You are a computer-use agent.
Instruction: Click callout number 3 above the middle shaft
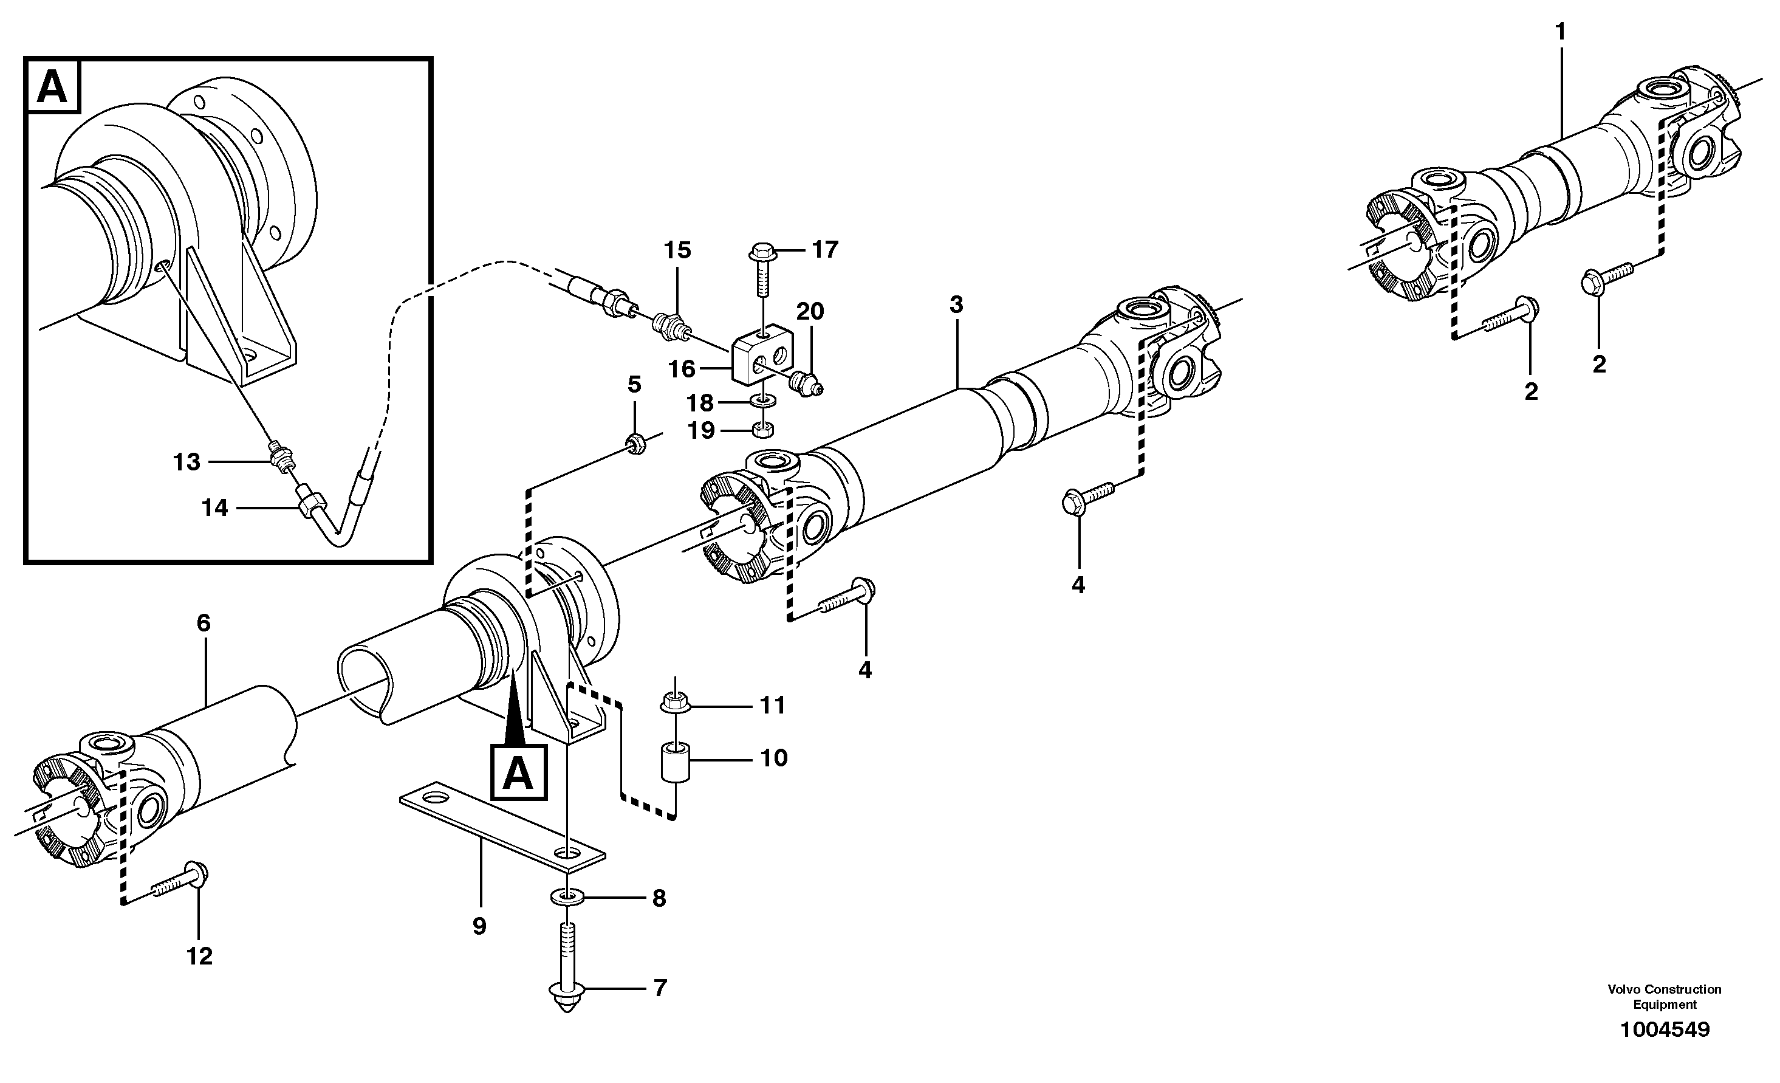click(956, 305)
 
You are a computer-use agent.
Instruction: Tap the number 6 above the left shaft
click(203, 623)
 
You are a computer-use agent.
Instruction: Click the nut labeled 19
click(764, 431)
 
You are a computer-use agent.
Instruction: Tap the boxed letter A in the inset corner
click(53, 88)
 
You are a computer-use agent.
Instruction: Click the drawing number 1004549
click(1665, 1030)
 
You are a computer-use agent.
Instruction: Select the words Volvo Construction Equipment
click(1664, 996)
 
